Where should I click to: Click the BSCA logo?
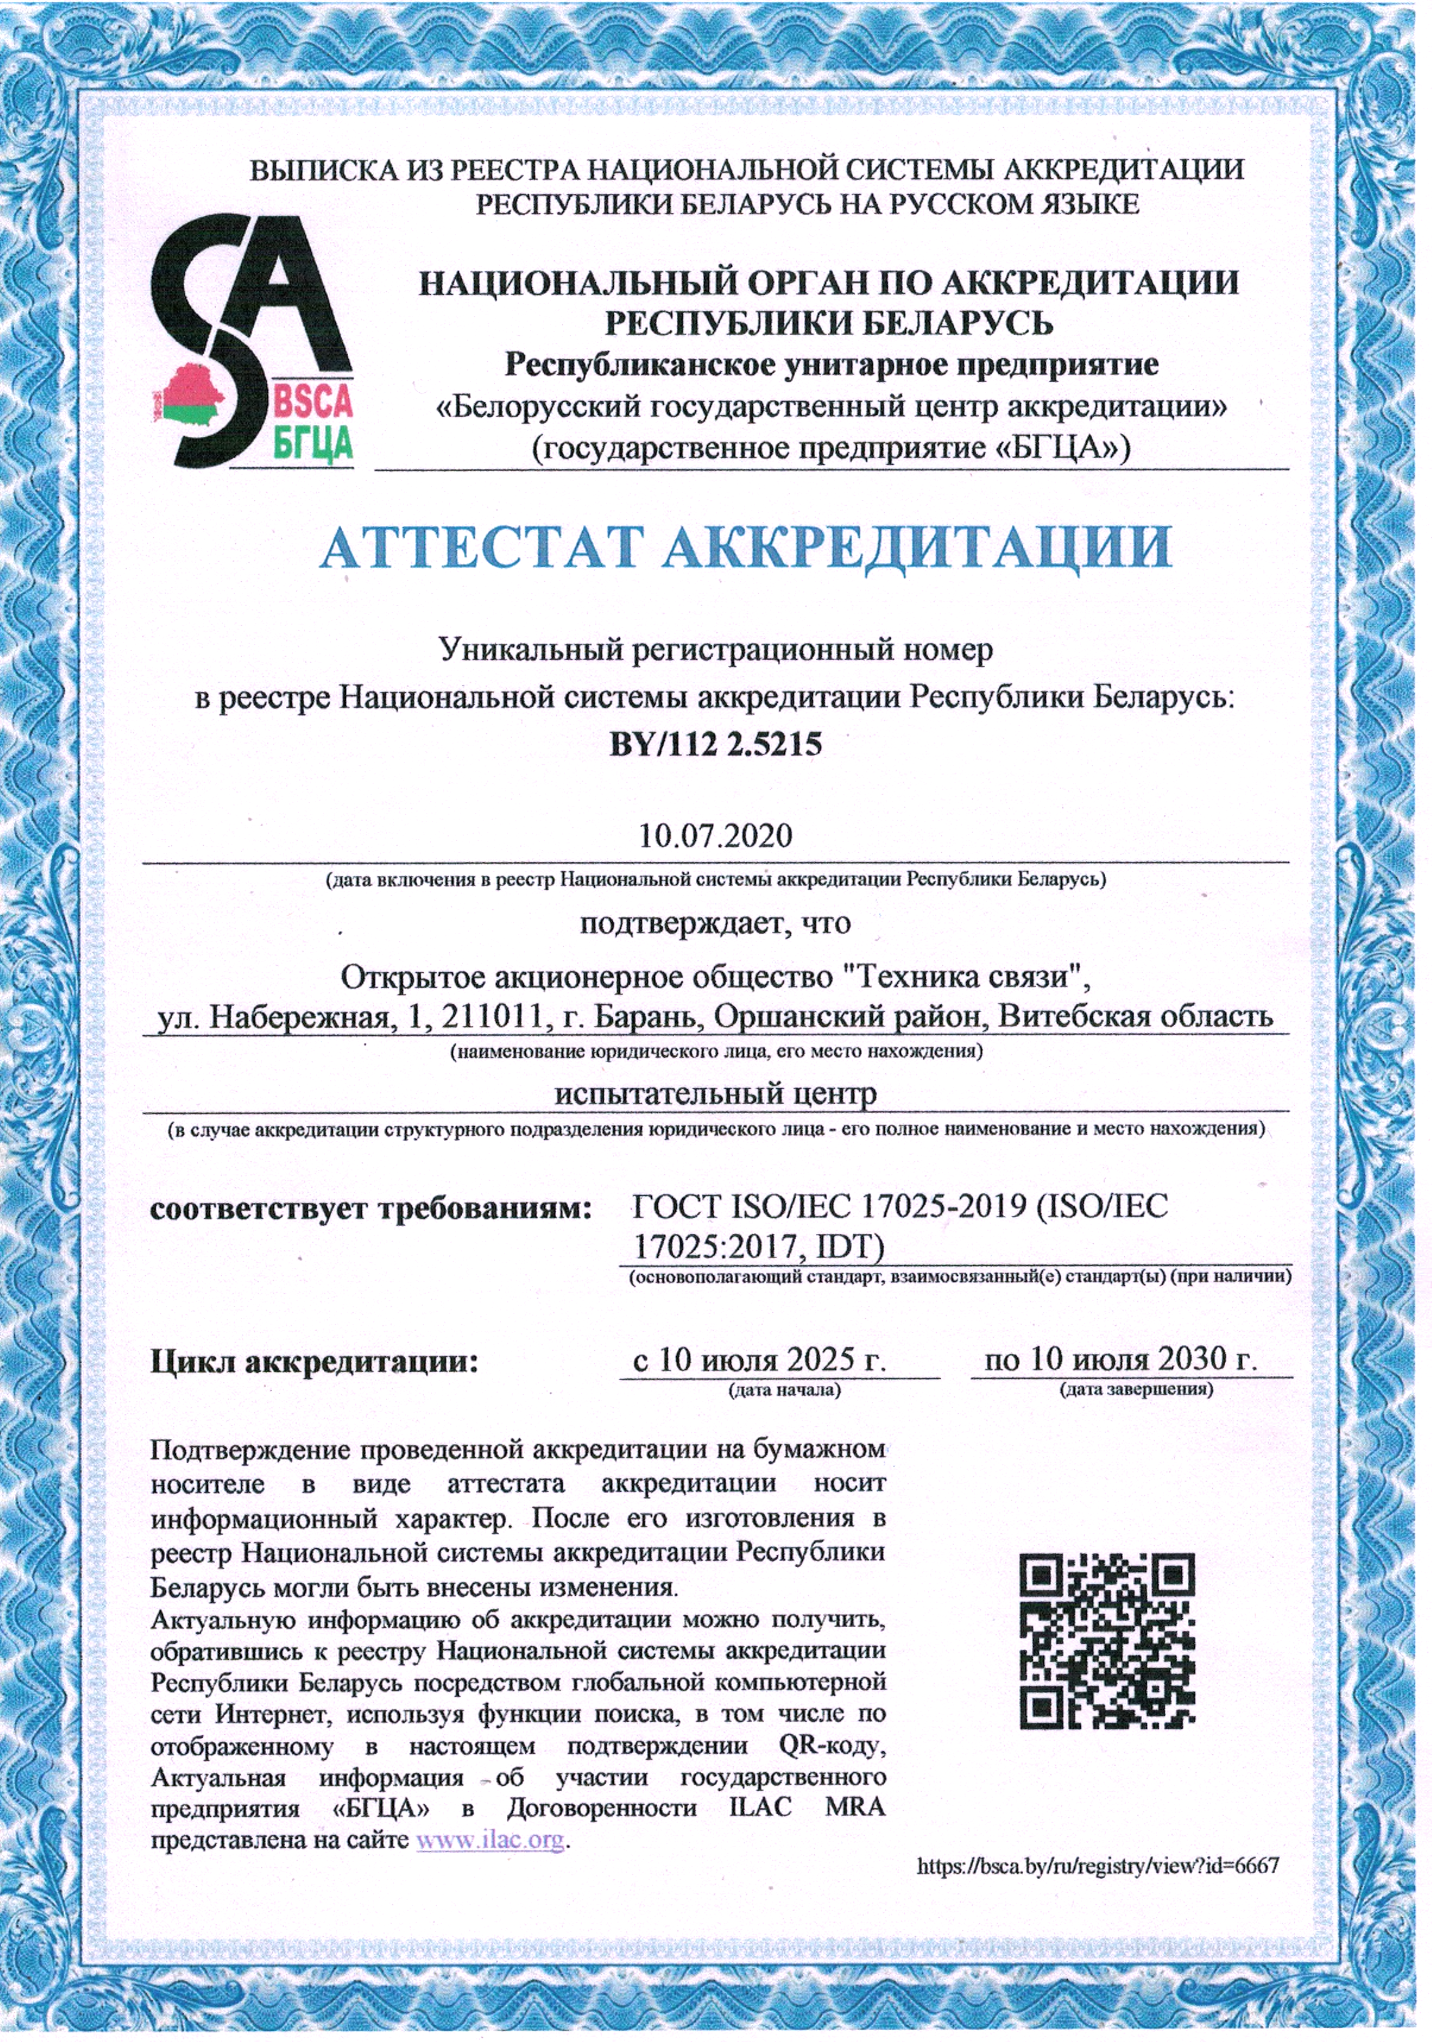pyautogui.click(x=252, y=342)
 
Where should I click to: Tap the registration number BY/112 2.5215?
pyautogui.click(x=715, y=743)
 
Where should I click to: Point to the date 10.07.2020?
pyautogui.click(x=715, y=836)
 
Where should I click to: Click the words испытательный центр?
pyautogui.click(x=715, y=1093)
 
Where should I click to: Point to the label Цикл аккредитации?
pyautogui.click(x=314, y=1361)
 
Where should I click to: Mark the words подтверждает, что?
pyautogui.click(x=715, y=922)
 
